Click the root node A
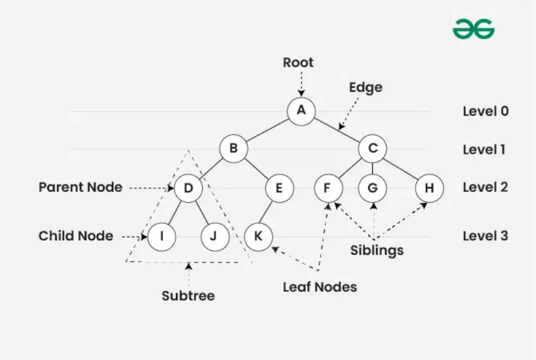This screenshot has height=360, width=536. tap(301, 111)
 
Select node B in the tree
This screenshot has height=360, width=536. tap(233, 149)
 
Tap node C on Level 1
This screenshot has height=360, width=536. tap(373, 149)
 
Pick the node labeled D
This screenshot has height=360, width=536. tap(188, 188)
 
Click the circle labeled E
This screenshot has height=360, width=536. tap(278, 188)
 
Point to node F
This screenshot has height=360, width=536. tap(327, 188)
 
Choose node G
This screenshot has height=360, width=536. tap(372, 188)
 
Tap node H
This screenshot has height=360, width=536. tap(429, 188)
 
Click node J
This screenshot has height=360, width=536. tap(214, 236)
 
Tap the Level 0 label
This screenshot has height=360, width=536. tap(485, 112)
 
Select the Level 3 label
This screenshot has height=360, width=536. tap(485, 236)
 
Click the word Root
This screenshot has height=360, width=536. tap(298, 62)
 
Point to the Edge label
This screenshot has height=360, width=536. tap(365, 87)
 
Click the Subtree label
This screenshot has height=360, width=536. tap(188, 296)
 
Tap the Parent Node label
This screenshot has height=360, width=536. tap(80, 188)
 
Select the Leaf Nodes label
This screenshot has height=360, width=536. tap(319, 287)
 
